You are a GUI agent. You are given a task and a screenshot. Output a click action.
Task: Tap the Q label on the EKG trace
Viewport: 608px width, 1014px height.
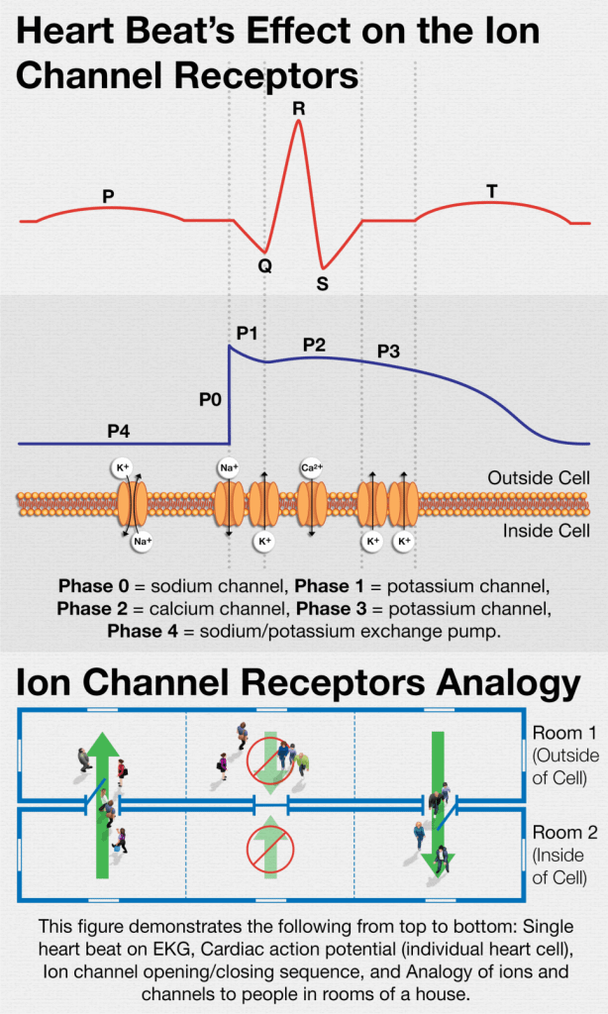tap(264, 265)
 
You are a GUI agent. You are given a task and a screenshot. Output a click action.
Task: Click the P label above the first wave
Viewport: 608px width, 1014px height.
tap(108, 196)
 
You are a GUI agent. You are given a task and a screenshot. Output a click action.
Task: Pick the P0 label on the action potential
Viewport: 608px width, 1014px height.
tap(210, 399)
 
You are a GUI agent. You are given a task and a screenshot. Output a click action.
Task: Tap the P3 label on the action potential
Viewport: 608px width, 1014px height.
tap(389, 351)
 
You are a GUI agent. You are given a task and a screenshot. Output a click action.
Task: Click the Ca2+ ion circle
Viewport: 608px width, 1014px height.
tap(309, 465)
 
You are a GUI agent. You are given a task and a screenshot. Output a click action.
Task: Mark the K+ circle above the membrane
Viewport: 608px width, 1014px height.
tap(123, 464)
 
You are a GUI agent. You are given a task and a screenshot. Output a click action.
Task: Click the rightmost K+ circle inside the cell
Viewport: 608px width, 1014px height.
tap(404, 541)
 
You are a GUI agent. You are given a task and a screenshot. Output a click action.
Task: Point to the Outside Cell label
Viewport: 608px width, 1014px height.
tap(539, 478)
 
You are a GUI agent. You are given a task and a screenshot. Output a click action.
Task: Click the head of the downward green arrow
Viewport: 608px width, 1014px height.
tap(436, 861)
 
